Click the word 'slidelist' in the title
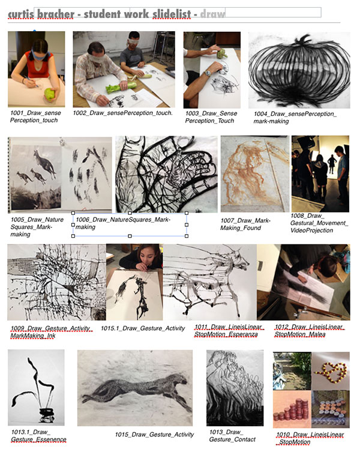pos(172,14)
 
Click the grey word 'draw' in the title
pos(213,14)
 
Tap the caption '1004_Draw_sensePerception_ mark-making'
pos(295,118)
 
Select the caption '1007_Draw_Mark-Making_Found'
pos(245,224)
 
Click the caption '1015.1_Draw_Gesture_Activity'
pos(143,328)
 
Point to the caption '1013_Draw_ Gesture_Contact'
pos(232,436)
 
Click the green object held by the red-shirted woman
pos(50,95)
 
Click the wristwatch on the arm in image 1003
pos(206,73)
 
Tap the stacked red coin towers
pos(291,410)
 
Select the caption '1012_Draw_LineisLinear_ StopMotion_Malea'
pos(308,331)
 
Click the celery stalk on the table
pos(121,87)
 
